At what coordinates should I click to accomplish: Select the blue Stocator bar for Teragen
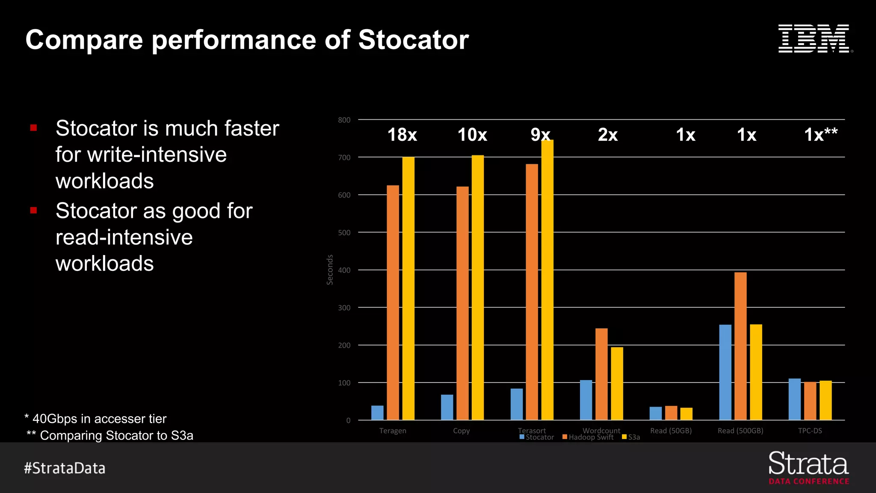[377, 413]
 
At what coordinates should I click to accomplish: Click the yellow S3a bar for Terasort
[547, 280]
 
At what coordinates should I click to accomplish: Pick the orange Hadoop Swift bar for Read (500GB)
[740, 346]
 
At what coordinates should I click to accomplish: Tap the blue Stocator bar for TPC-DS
[794, 399]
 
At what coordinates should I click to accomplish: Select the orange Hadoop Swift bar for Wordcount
[601, 374]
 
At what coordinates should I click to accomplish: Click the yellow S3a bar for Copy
[477, 288]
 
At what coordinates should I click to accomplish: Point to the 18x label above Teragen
[402, 135]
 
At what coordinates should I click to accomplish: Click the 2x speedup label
[608, 135]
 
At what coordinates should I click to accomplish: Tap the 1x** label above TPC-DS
[820, 135]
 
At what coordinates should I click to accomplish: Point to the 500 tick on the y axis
[344, 233]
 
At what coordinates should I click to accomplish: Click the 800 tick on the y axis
[344, 120]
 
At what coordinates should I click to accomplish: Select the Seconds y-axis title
[330, 270]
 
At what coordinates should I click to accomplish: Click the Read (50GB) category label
[671, 431]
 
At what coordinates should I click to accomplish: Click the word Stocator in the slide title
[413, 40]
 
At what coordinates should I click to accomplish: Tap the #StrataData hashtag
[65, 468]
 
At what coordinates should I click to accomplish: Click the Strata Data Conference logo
[808, 468]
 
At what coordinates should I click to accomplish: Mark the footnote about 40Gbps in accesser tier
[96, 419]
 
